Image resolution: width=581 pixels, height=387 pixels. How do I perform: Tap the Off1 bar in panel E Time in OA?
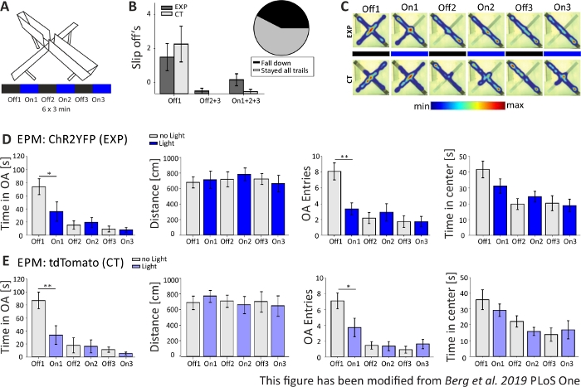pos(39,327)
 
